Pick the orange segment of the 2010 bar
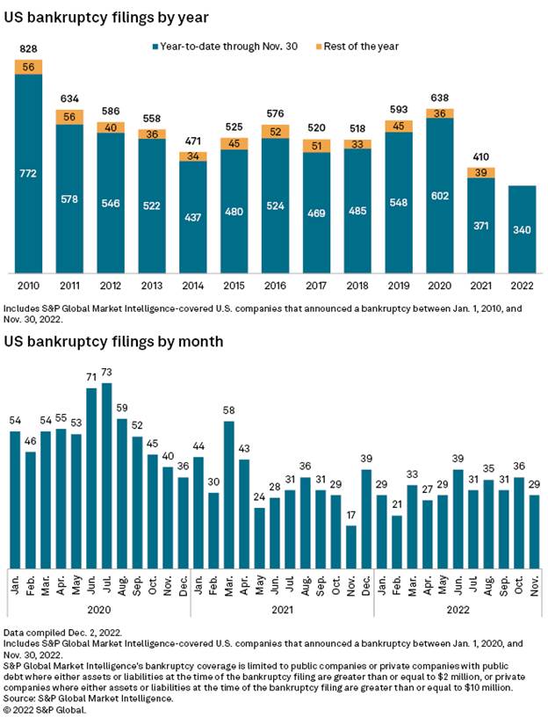coord(29,67)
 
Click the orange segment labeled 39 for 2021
coord(480,172)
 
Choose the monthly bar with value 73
coord(107,474)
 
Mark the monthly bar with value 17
coord(351,546)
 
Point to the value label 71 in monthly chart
coord(91,377)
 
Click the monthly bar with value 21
coord(397,540)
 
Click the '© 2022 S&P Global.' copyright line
coord(49,710)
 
